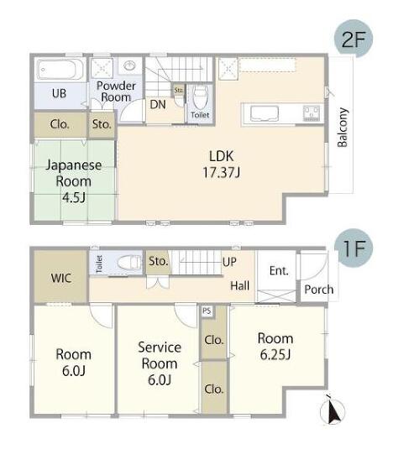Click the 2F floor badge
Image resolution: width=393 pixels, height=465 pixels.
353,39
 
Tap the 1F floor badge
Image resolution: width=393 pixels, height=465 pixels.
354,248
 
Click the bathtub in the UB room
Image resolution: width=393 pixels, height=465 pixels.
60,70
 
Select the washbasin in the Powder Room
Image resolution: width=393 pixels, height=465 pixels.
129,65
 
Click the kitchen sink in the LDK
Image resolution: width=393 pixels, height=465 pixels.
265,113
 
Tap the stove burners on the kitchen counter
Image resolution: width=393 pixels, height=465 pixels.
312,113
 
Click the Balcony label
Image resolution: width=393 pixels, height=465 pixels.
343,128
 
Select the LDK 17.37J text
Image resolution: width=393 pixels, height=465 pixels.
221,164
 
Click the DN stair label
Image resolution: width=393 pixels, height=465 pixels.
158,104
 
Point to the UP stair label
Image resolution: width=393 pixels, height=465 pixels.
229,262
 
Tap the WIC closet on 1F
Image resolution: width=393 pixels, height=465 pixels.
60,276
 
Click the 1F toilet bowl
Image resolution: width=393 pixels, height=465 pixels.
129,263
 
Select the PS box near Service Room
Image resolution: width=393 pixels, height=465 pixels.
207,311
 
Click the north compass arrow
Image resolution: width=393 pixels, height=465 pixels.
333,410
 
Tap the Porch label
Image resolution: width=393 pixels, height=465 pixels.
319,290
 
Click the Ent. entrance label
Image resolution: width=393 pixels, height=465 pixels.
279,271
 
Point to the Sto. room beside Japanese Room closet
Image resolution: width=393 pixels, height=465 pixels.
102,124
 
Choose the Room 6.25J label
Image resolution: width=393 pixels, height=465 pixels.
275,347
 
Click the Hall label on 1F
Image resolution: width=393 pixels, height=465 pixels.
239,285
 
